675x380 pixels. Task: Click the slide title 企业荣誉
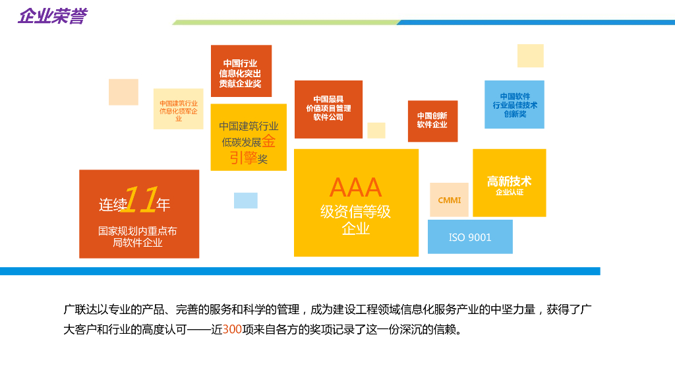(52, 16)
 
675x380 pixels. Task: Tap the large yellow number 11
(140, 199)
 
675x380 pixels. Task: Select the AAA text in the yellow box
(355, 187)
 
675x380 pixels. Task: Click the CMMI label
(450, 201)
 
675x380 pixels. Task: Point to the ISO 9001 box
(470, 237)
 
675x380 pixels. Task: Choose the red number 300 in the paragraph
(232, 329)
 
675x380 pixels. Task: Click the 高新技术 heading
(509, 181)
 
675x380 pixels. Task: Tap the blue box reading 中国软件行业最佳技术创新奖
(514, 105)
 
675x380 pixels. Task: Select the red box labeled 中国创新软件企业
(432, 121)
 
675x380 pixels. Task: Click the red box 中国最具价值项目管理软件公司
(328, 109)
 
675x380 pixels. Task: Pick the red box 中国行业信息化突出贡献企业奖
(241, 71)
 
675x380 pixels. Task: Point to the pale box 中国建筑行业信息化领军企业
(179, 109)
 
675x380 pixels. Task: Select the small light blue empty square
(246, 201)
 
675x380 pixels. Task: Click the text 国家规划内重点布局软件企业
(138, 237)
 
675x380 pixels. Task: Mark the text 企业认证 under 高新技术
(509, 193)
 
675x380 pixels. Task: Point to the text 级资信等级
(355, 212)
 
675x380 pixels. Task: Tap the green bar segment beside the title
(283, 22)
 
